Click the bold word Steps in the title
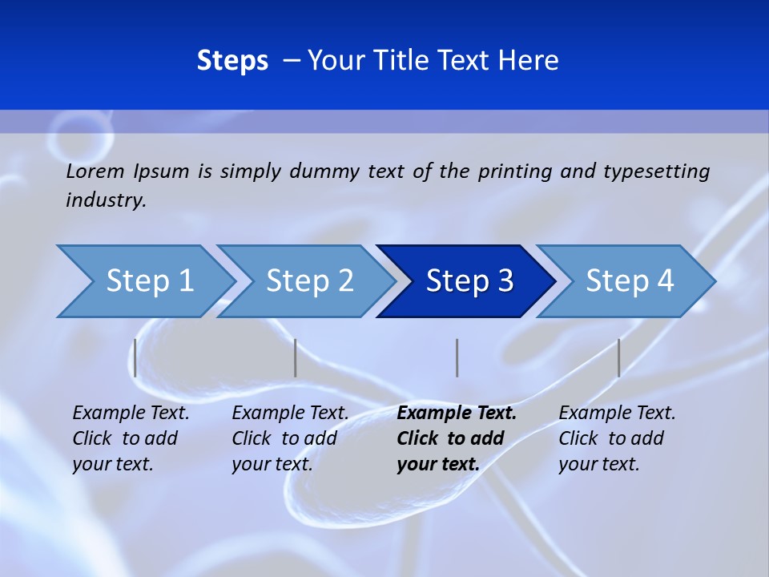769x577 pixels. (232, 61)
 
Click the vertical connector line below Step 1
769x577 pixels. (135, 357)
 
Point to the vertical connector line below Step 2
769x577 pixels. (296, 357)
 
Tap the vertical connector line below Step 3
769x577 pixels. (457, 357)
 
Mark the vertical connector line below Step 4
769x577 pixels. (618, 357)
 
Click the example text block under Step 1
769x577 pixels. (131, 438)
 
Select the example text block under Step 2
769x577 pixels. (290, 438)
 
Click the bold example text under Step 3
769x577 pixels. (456, 438)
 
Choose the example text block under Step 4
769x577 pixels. (617, 438)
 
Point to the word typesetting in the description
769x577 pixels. (656, 171)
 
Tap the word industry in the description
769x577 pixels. (105, 200)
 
